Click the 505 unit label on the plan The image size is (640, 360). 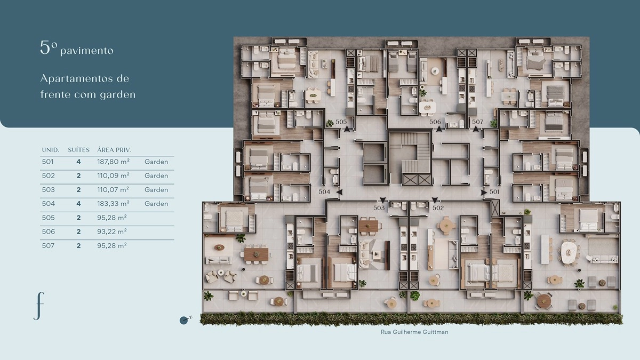point(341,122)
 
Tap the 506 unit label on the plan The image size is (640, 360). point(435,122)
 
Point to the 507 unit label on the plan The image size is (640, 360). point(477,122)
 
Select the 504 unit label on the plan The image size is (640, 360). point(324,191)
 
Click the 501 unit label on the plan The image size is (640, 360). point(494,191)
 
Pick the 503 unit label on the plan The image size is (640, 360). point(379,208)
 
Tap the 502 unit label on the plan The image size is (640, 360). point(438,208)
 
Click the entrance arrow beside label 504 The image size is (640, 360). point(339,193)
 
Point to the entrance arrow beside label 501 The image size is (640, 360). point(484,193)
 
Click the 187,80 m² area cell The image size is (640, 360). point(113,162)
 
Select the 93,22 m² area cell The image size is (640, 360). point(111,231)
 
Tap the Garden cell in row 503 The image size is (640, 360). point(156,190)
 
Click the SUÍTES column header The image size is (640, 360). point(78,150)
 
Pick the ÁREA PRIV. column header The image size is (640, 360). point(114,150)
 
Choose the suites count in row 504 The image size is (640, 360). point(78,204)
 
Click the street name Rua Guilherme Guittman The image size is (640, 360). point(414,332)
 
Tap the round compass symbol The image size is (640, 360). point(183,321)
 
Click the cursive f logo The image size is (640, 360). point(39,306)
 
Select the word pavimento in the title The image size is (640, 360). point(87,51)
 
